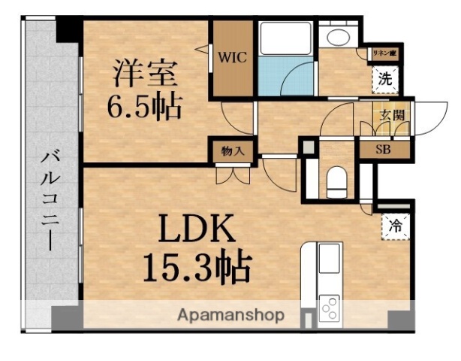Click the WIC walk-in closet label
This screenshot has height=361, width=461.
pyautogui.click(x=230, y=55)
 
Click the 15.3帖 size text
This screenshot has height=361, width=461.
pyautogui.click(x=196, y=265)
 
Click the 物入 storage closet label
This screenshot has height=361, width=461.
pyautogui.click(x=232, y=150)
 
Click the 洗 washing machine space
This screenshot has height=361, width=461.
pyautogui.click(x=384, y=77)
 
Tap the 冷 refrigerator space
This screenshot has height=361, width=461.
pyautogui.click(x=395, y=225)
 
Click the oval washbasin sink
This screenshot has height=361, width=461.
pyautogui.click(x=336, y=37)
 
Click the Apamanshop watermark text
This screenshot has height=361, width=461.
pyautogui.click(x=230, y=315)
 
